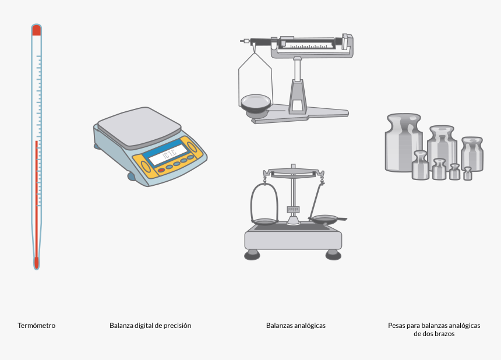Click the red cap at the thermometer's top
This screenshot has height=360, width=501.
(36, 30)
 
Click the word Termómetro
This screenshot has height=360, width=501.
(36, 326)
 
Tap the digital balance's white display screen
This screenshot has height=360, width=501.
(168, 154)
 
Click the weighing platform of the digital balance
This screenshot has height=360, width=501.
(139, 125)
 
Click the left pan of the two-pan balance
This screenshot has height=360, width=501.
(264, 221)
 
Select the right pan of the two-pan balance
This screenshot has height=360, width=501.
(324, 220)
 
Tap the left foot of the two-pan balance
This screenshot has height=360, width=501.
(252, 255)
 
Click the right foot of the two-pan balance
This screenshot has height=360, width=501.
(333, 255)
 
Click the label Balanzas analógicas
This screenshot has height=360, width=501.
(295, 326)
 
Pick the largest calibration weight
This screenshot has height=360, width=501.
(403, 143)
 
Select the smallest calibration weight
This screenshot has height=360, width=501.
(467, 174)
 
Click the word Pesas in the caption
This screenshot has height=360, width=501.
(397, 326)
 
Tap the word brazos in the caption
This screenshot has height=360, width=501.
(443, 334)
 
